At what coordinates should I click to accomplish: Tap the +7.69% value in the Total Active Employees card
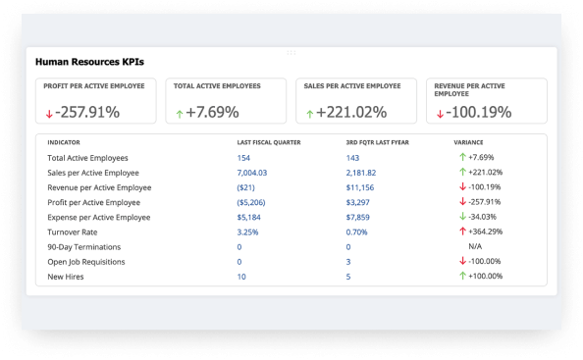pos(213,112)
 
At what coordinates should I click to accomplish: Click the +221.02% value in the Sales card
pos(350,112)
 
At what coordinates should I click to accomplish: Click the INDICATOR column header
pos(64,142)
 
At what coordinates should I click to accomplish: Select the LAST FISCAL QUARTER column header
pos(269,142)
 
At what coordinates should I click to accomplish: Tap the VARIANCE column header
pos(469,142)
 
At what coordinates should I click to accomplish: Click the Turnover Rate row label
pos(73,231)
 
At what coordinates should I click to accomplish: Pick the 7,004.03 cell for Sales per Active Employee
pos(251,172)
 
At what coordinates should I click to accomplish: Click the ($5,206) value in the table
pos(251,202)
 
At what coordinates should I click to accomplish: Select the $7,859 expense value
pos(358,217)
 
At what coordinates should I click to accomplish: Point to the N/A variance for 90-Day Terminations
pos(475,246)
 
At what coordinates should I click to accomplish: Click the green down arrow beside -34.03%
pos(461,217)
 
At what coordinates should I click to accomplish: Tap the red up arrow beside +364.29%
pos(461,231)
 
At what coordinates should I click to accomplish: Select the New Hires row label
pos(66,277)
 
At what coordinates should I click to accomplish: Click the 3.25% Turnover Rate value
pos(247,231)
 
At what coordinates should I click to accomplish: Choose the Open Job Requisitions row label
pos(86,262)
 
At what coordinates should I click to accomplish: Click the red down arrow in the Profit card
pos(48,114)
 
